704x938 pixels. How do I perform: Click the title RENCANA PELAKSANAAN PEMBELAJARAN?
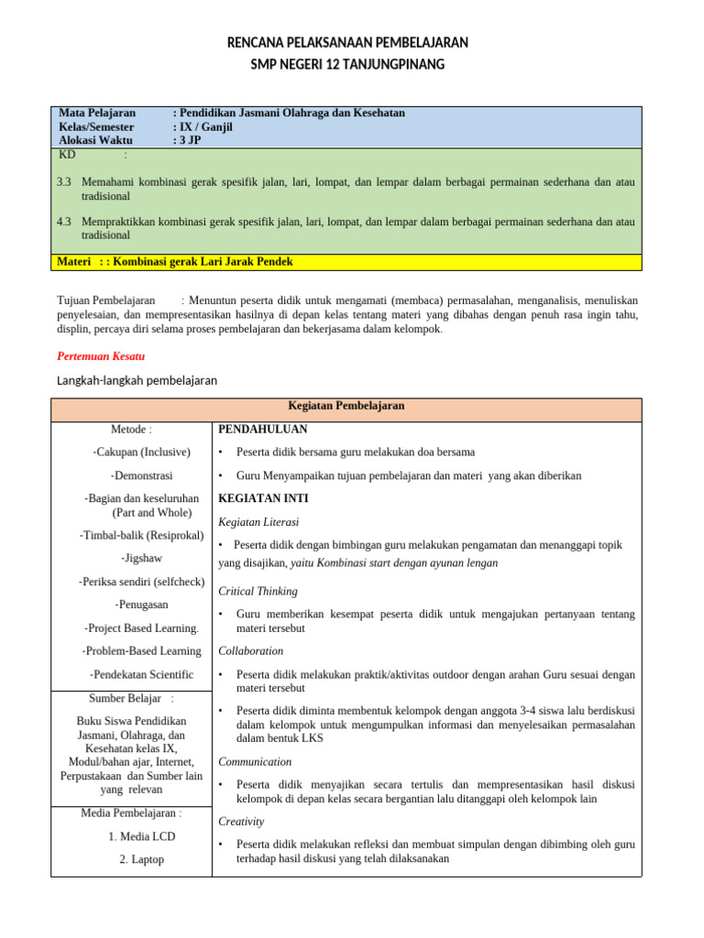(x=346, y=42)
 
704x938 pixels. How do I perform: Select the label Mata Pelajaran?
(x=97, y=113)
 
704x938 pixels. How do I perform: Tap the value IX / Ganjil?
(x=205, y=126)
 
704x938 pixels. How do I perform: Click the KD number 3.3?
(x=64, y=182)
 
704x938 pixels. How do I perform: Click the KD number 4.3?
(x=64, y=222)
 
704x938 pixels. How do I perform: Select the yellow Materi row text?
(x=175, y=261)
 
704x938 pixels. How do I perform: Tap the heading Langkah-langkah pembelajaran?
(x=137, y=380)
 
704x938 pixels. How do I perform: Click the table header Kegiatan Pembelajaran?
(x=346, y=406)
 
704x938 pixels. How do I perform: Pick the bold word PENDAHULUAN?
(x=262, y=429)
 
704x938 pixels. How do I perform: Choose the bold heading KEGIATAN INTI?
(x=263, y=498)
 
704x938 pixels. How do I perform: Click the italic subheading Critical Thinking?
(x=258, y=591)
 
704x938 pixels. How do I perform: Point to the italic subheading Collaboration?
(x=250, y=650)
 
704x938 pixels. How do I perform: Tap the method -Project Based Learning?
(x=141, y=627)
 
